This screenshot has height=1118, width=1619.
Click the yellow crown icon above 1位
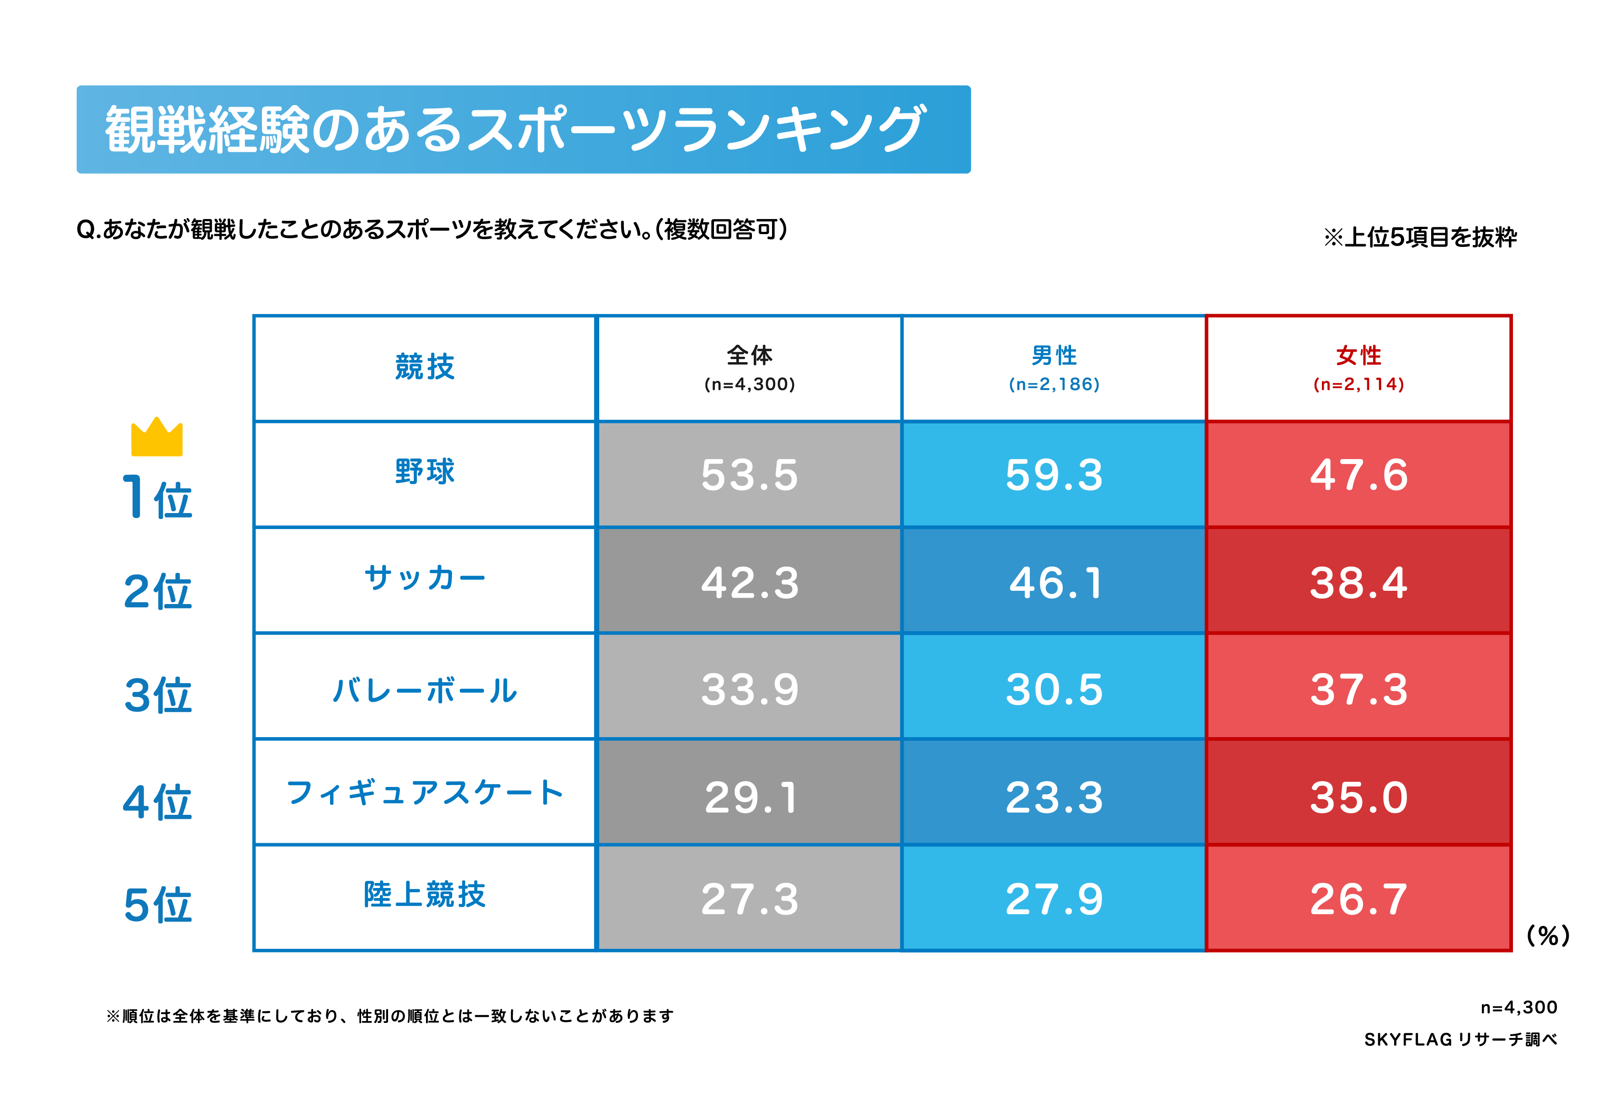click(156, 438)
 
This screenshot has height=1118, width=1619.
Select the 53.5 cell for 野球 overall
click(749, 474)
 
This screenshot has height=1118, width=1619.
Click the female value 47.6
click(1358, 474)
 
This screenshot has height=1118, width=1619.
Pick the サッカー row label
click(424, 578)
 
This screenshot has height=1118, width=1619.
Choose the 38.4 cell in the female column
click(1358, 582)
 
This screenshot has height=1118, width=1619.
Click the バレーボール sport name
click(424, 690)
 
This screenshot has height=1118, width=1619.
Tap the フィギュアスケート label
click(424, 792)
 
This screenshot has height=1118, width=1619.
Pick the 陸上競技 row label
click(424, 894)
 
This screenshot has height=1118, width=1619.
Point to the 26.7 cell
click(1358, 898)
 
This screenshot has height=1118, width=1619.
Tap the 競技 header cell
click(424, 367)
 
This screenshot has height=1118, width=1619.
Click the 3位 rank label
click(158, 695)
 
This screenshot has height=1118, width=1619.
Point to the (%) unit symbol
click(1548, 935)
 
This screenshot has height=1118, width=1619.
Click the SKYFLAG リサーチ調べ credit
click(1459, 1039)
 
